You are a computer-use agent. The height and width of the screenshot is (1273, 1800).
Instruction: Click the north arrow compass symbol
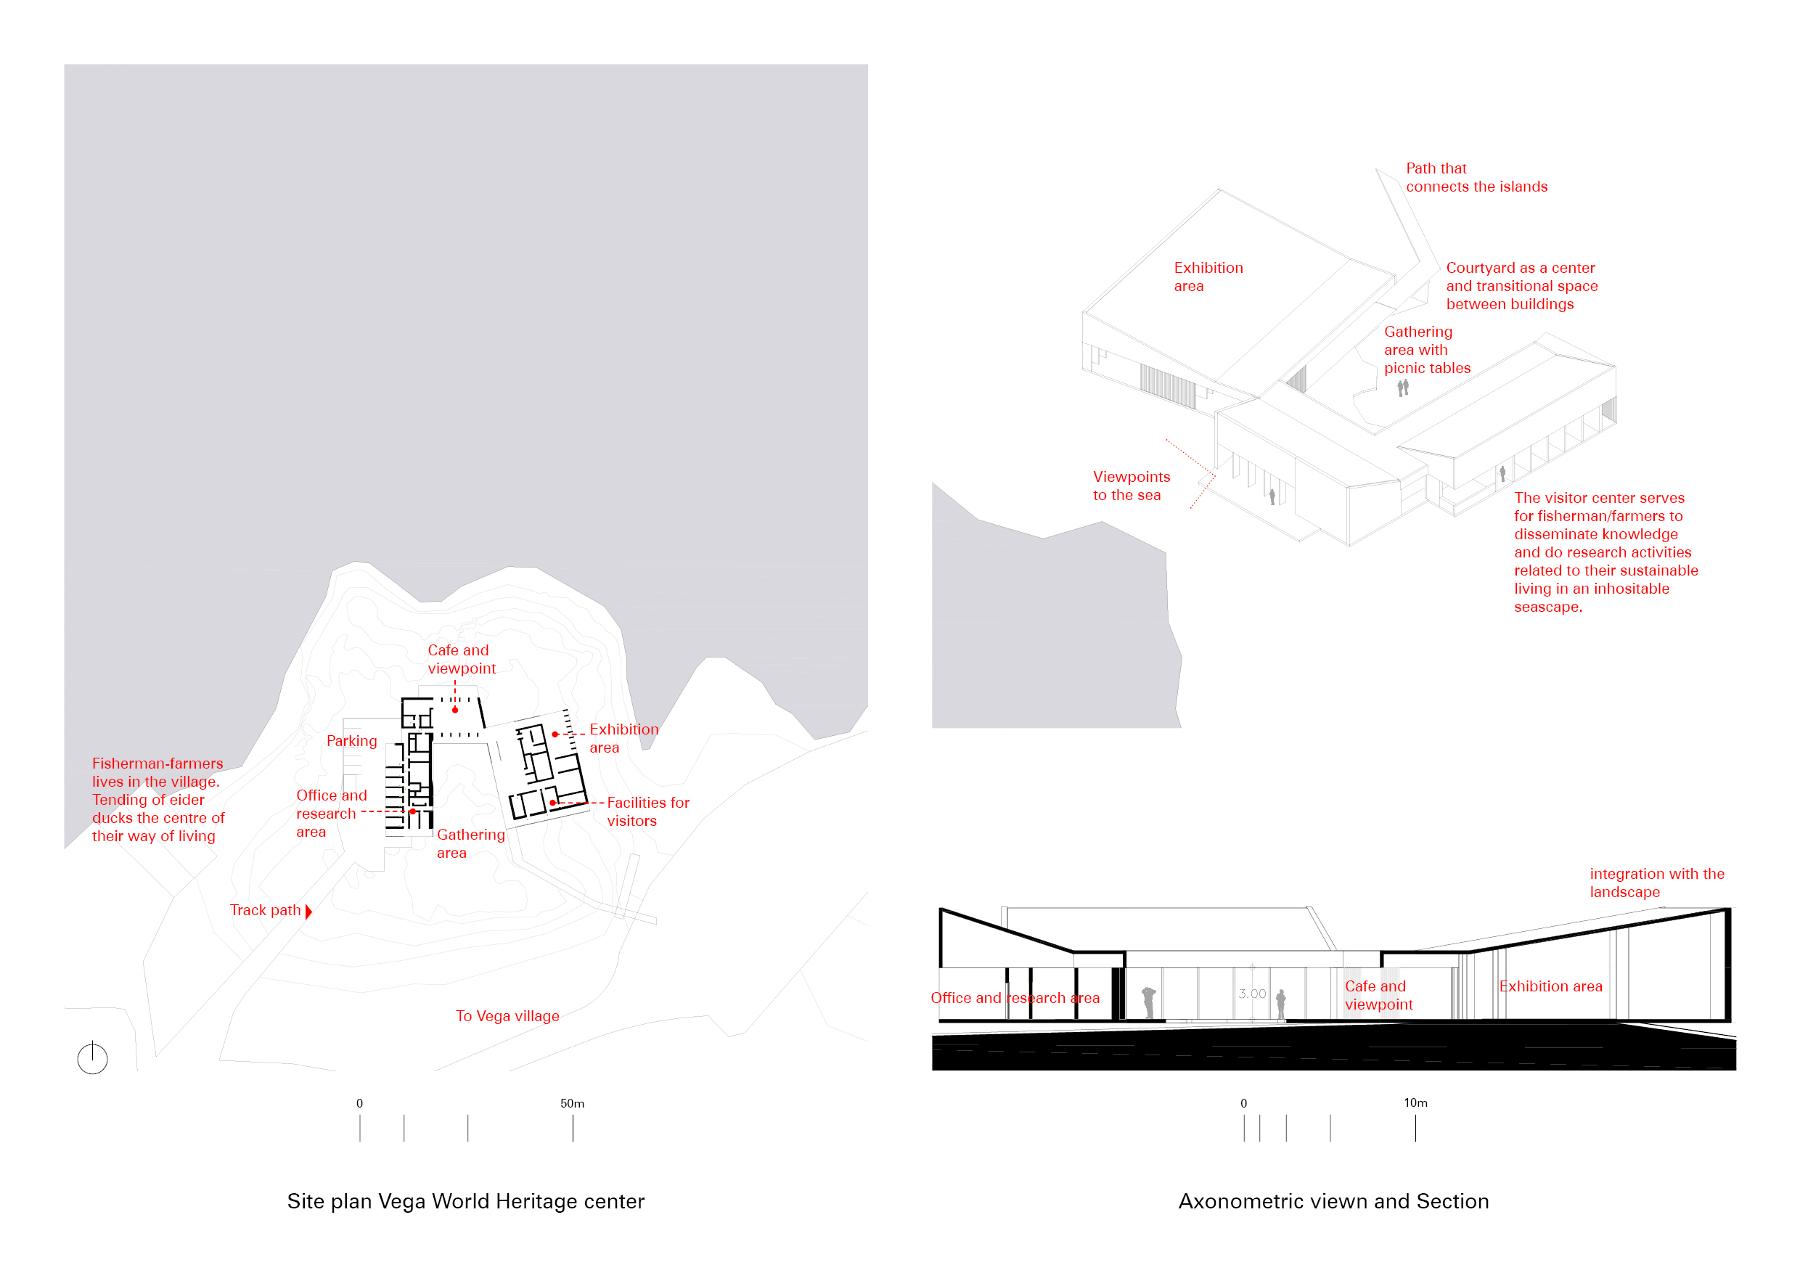pyautogui.click(x=92, y=1058)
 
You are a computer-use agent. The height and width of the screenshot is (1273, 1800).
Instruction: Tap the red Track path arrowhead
pyautogui.click(x=309, y=911)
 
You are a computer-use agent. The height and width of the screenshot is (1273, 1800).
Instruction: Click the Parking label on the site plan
pyautogui.click(x=351, y=741)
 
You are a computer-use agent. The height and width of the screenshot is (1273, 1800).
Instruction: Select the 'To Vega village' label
pyautogui.click(x=507, y=1016)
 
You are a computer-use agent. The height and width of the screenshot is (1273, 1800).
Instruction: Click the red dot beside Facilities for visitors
pyautogui.click(x=552, y=803)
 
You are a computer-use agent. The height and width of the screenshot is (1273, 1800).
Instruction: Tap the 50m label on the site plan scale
pyautogui.click(x=573, y=1103)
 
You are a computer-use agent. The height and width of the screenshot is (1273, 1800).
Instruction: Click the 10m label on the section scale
pyautogui.click(x=1415, y=1102)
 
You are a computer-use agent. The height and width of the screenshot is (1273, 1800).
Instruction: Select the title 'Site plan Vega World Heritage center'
pyautogui.click(x=466, y=1201)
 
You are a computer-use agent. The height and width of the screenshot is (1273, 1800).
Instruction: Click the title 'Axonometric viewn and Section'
pyautogui.click(x=1333, y=1201)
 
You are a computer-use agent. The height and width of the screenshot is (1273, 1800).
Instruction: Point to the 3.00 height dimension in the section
pyautogui.click(x=1252, y=994)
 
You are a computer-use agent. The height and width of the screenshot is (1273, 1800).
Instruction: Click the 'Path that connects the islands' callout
pyautogui.click(x=1476, y=177)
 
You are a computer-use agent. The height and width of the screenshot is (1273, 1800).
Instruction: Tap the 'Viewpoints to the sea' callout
pyautogui.click(x=1132, y=486)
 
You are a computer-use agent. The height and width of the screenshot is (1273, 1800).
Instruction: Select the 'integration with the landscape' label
pyautogui.click(x=1656, y=883)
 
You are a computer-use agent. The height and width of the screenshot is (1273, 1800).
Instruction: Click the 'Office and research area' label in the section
pyautogui.click(x=1015, y=998)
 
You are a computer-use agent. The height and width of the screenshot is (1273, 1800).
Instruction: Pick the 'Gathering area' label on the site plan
pyautogui.click(x=470, y=843)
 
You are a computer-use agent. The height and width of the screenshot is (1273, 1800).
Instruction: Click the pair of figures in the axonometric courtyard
pyautogui.click(x=1403, y=388)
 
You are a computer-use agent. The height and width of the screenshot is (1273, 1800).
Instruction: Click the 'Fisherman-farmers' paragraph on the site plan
pyautogui.click(x=157, y=800)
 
